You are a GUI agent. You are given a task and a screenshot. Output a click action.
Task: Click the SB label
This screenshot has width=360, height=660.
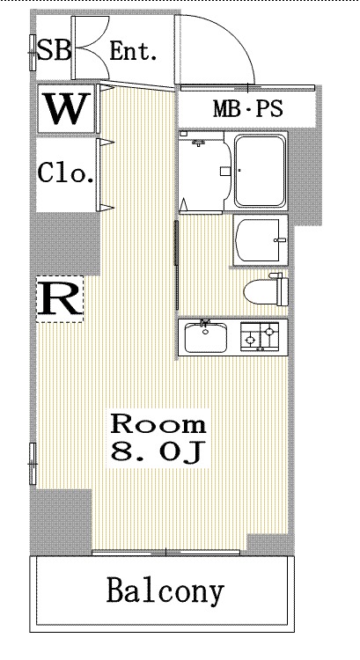point(54,49)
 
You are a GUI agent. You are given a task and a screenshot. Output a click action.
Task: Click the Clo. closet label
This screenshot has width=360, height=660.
point(66,172)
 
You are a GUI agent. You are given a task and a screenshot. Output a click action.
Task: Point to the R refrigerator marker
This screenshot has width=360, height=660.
point(59,299)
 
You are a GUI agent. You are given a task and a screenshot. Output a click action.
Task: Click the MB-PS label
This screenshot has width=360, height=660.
point(247,108)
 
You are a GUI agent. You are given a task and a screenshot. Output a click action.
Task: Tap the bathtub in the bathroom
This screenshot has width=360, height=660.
point(260,171)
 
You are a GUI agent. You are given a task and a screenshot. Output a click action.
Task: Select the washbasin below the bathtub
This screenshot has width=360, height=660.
point(261,240)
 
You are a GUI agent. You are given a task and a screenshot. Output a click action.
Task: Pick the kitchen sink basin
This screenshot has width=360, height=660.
point(206,337)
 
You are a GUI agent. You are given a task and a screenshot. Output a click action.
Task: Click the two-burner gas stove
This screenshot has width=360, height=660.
point(260,337)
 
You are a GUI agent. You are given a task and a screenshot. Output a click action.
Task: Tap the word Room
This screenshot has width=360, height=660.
point(158,424)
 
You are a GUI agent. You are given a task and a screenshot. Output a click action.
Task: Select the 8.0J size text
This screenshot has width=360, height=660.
point(158,451)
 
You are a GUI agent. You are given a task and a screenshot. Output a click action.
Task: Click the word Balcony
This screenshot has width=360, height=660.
point(165,592)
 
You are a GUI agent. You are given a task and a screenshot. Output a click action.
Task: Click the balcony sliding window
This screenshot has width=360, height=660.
point(165,553)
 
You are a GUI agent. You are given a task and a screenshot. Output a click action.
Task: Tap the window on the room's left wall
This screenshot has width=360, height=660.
point(33,464)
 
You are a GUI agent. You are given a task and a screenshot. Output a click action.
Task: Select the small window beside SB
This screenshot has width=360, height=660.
point(33,53)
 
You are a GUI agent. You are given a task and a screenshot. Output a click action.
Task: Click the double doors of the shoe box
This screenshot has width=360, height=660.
point(91,48)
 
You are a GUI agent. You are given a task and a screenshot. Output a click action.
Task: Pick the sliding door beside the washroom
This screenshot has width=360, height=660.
point(177,243)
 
